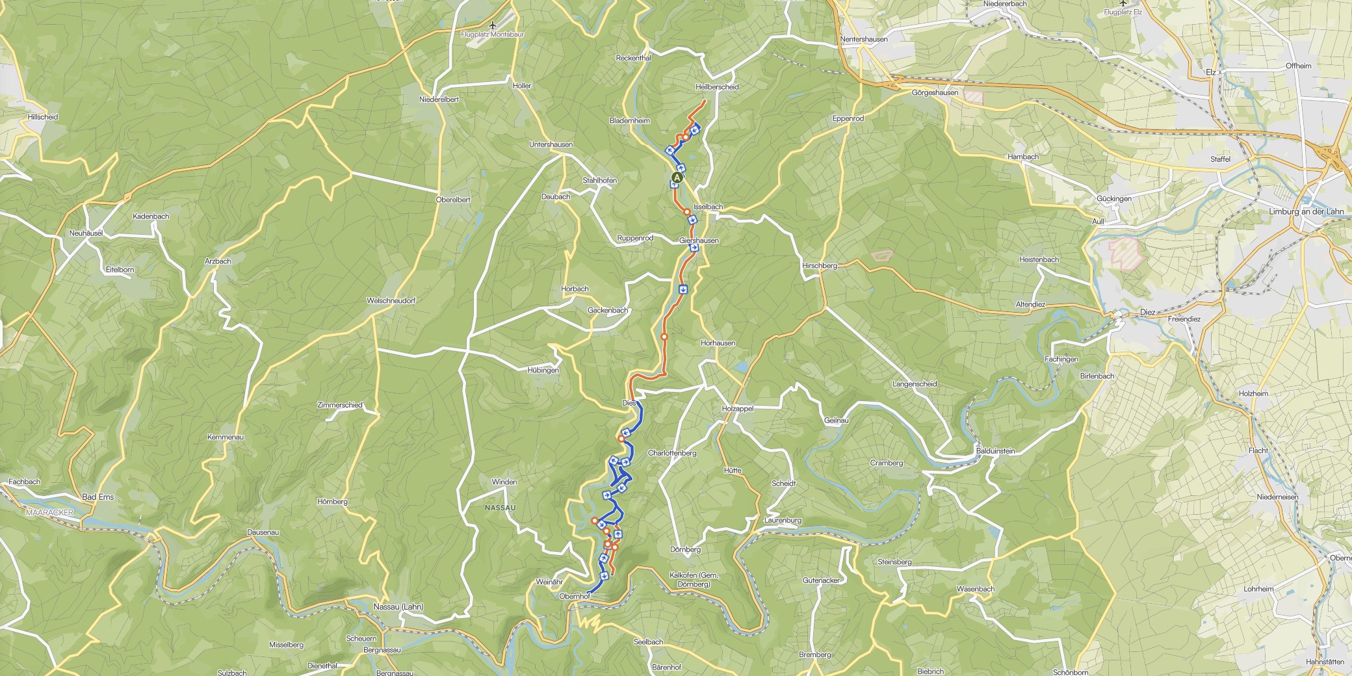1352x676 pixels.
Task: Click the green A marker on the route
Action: [677, 177]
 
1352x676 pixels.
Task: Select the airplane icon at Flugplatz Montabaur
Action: [493, 25]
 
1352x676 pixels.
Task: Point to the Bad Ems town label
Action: [97, 497]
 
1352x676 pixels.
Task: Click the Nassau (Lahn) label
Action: [398, 606]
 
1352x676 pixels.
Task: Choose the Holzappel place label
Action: [738, 408]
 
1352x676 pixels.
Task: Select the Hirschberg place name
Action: [820, 265]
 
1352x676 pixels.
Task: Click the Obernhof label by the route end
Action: [574, 596]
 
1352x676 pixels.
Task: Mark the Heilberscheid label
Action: [717, 86]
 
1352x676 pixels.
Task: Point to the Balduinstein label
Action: [995, 450]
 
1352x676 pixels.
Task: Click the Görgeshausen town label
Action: [935, 92]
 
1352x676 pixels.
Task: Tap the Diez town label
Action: [1148, 312]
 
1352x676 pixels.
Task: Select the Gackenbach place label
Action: [608, 310]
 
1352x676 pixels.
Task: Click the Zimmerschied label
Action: [339, 405]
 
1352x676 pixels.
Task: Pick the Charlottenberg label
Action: [672, 453]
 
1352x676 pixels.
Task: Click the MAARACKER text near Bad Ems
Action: [50, 512]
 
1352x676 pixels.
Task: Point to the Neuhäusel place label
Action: [87, 233]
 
